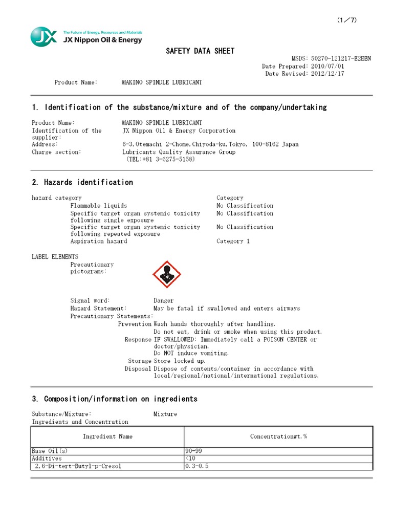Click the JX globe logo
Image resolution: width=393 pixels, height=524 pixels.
[x=43, y=36]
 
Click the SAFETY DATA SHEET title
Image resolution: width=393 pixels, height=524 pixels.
[x=200, y=51]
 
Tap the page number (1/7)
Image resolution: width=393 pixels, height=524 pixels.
[x=346, y=20]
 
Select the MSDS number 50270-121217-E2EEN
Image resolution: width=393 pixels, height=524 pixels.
[x=340, y=59]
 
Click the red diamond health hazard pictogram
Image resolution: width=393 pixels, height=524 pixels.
[x=167, y=274]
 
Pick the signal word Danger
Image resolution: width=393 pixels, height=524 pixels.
[x=164, y=301]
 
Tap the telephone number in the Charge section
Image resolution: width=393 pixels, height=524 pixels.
[x=160, y=159]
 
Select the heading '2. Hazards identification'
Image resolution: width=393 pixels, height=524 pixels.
[x=82, y=183]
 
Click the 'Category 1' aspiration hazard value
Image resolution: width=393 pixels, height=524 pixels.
[x=233, y=242]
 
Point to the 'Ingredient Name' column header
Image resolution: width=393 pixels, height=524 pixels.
[x=107, y=436]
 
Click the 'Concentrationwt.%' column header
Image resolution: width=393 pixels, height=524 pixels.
[x=278, y=436]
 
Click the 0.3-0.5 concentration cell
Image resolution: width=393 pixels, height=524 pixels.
[x=198, y=467]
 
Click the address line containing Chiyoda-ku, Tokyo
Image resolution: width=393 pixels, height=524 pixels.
[x=210, y=145]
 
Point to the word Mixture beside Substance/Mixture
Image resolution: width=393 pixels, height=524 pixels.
[x=165, y=414]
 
